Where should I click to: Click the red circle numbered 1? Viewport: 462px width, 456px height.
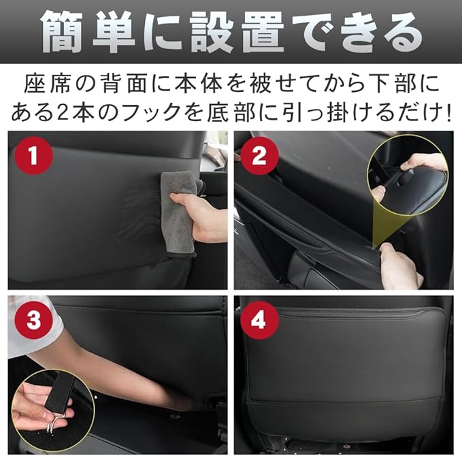[33, 156]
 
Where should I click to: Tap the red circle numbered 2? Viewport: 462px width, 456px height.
[259, 156]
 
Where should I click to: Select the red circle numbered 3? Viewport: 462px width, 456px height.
[33, 320]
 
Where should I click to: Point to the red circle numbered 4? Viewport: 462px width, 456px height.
[259, 320]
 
